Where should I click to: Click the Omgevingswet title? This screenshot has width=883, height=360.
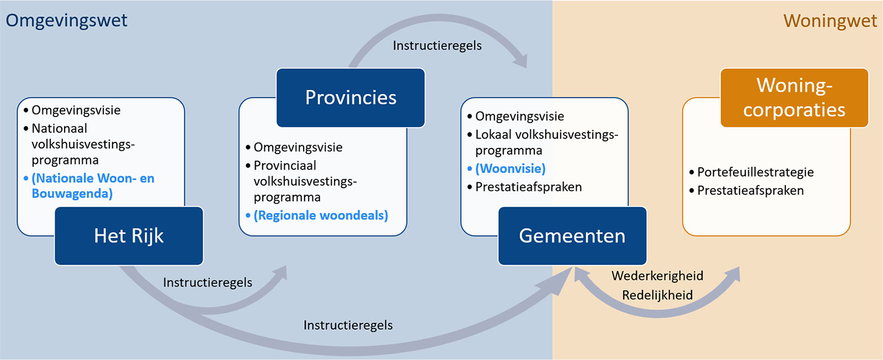pyautogui.click(x=66, y=21)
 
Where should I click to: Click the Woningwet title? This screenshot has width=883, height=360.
pyautogui.click(x=830, y=21)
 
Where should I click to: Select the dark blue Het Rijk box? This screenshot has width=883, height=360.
pyautogui.click(x=129, y=236)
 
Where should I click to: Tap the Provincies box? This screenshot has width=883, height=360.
pyautogui.click(x=351, y=98)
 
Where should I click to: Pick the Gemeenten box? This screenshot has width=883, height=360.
pyautogui.click(x=572, y=236)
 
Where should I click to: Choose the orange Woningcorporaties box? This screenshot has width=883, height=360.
pyautogui.click(x=794, y=98)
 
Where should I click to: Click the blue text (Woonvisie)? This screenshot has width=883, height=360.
pyautogui.click(x=510, y=169)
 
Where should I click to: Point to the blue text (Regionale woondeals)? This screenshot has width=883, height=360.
pyautogui.click(x=321, y=215)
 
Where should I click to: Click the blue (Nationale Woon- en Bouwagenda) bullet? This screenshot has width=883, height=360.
pyautogui.click(x=93, y=186)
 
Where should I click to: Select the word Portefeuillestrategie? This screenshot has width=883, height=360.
pyautogui.click(x=756, y=172)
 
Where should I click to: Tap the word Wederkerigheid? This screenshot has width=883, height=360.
pyautogui.click(x=657, y=276)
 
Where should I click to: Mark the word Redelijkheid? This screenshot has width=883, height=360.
pyautogui.click(x=657, y=295)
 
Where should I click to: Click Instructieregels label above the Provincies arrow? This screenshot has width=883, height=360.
pyautogui.click(x=437, y=46)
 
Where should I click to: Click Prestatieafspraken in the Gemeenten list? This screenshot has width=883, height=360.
pyautogui.click(x=529, y=187)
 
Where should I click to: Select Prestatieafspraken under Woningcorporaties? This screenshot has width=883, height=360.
pyautogui.click(x=751, y=191)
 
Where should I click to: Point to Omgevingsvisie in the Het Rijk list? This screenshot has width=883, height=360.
pyautogui.click(x=76, y=110)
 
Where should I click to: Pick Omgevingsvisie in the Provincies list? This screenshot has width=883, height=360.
pyautogui.click(x=298, y=147)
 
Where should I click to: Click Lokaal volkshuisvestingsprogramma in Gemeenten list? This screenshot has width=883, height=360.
pyautogui.click(x=547, y=142)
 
